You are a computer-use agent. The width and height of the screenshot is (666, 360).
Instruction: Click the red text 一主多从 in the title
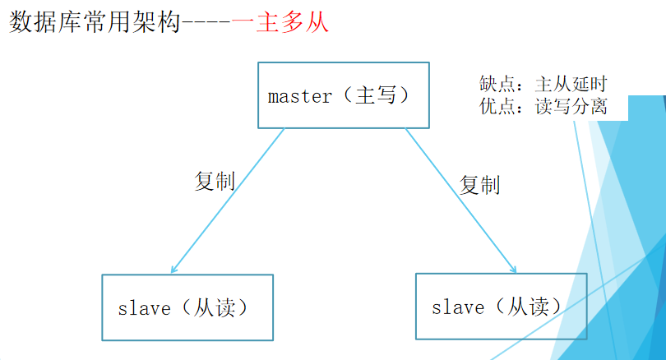point(280,21)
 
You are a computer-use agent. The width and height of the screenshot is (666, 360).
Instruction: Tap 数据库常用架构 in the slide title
point(94,21)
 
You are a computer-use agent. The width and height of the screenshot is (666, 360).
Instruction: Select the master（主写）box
point(344,95)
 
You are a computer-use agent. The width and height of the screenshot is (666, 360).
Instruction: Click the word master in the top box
point(300,96)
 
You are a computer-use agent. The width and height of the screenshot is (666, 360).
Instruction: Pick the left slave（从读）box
point(187,307)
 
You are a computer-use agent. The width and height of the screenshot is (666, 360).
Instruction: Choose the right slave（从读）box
point(502,307)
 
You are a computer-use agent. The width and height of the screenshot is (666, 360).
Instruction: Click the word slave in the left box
point(144,309)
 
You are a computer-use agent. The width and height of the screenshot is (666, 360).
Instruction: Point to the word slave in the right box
point(458,308)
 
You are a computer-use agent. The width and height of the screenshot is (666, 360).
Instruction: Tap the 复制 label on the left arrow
point(214,181)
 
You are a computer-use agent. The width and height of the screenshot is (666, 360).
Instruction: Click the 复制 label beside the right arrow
point(479,185)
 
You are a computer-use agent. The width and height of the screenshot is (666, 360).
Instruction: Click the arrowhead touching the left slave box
point(174,269)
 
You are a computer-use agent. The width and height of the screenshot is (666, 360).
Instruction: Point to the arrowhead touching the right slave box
point(513,268)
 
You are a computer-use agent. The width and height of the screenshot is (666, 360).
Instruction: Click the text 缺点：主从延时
point(543,84)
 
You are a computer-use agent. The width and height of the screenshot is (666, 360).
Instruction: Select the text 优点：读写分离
point(543,106)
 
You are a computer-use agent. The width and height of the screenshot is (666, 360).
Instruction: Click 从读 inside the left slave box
point(212,308)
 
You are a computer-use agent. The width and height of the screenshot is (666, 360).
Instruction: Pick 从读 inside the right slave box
point(527,307)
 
